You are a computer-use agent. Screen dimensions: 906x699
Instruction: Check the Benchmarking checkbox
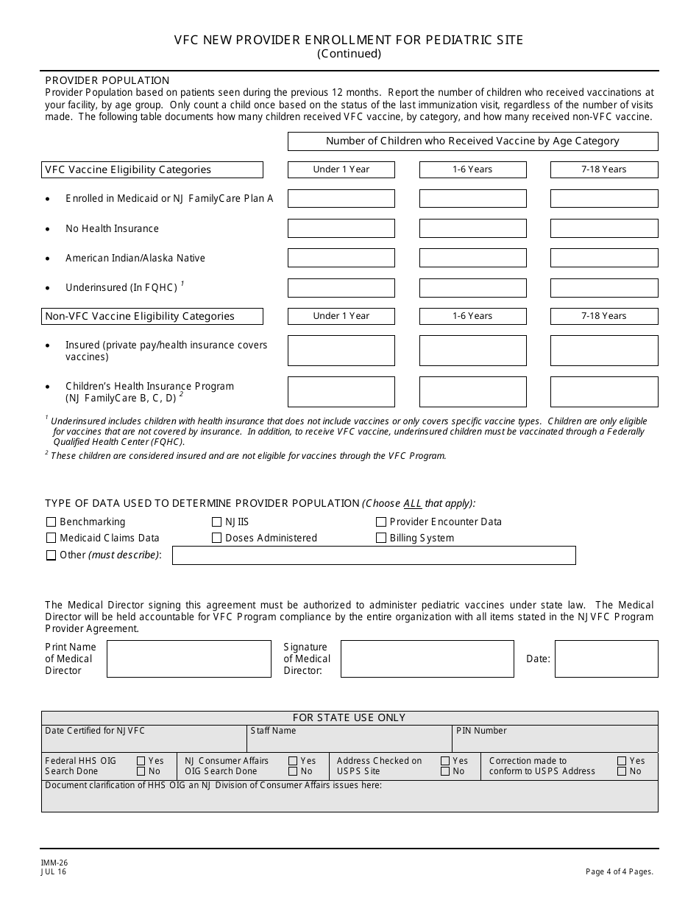click(x=52, y=522)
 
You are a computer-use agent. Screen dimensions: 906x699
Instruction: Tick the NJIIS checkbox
click(x=216, y=522)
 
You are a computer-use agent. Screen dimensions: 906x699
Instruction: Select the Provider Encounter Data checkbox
click(x=381, y=522)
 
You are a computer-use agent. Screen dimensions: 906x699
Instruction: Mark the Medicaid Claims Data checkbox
click(x=52, y=538)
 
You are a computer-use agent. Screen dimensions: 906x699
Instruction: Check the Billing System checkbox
click(x=381, y=538)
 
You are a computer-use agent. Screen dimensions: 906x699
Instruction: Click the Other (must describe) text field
click(x=374, y=555)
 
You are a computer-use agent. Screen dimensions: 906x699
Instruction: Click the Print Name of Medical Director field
click(x=188, y=659)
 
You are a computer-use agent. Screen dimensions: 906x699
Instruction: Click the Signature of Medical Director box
click(x=427, y=659)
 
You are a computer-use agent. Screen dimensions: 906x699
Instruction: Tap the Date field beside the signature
click(x=606, y=659)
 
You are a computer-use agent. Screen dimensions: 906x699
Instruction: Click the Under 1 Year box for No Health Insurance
click(x=341, y=228)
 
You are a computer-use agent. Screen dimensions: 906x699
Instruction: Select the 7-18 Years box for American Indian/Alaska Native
click(x=604, y=258)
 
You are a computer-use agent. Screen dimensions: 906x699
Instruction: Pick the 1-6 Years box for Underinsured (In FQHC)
click(x=472, y=287)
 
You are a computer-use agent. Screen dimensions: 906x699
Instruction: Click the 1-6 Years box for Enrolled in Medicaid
click(x=472, y=199)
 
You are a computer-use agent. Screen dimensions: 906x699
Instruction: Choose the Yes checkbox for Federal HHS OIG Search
click(x=141, y=761)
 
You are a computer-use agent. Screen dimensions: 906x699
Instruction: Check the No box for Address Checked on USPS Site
click(x=445, y=771)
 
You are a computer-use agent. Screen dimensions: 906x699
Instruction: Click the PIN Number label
click(x=481, y=731)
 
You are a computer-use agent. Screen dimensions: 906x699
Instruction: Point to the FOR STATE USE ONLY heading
click(x=349, y=717)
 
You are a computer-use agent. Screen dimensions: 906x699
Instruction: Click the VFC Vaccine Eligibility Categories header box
click(x=153, y=169)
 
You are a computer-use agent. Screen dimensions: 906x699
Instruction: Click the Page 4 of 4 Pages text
click(x=619, y=871)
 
